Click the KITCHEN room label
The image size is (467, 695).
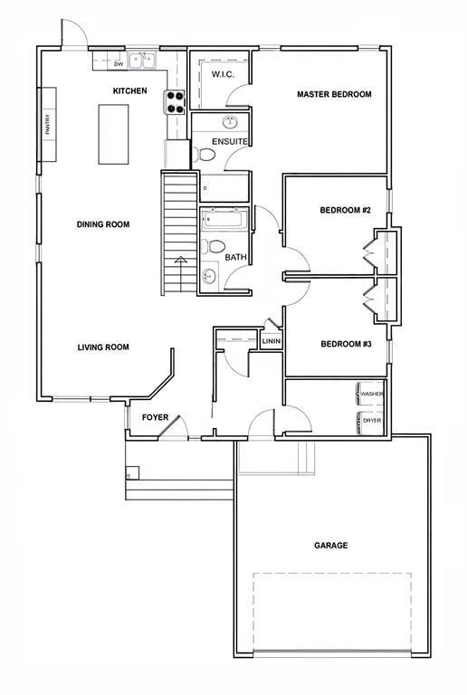pos(129,90)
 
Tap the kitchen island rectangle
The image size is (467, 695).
pos(113,134)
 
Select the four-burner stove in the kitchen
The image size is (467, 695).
pos(175,102)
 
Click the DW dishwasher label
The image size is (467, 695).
pos(119,64)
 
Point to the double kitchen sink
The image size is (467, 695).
pos(142,61)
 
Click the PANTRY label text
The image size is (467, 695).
pos(48,125)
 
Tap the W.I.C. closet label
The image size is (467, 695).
pos(223,74)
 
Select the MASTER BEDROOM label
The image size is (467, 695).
pos(334,94)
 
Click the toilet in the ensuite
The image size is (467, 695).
pos(204,155)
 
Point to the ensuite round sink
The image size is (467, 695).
pos(231,122)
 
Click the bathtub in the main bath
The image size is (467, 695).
pos(224,221)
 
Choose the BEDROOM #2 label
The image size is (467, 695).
pos(345,210)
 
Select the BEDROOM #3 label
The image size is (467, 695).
pos(346,344)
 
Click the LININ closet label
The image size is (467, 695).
pos(272,341)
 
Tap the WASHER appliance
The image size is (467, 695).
pos(369,394)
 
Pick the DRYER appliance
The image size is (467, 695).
pos(369,421)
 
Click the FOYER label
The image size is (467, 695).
pos(155,417)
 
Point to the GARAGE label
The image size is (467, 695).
pos(331,546)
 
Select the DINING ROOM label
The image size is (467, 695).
pos(103,224)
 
